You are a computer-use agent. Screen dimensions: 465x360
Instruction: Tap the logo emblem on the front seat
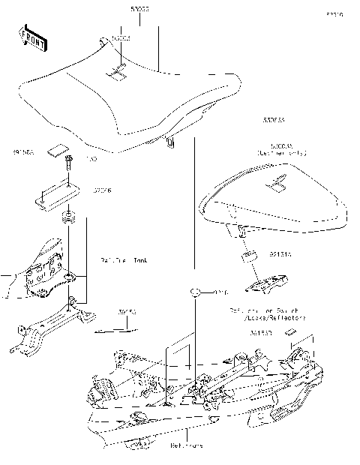(118, 73)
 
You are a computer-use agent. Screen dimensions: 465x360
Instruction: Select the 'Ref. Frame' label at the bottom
(186, 445)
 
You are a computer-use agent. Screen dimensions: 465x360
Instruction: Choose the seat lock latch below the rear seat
(267, 286)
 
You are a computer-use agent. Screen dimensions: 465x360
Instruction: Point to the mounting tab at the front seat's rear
(172, 141)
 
